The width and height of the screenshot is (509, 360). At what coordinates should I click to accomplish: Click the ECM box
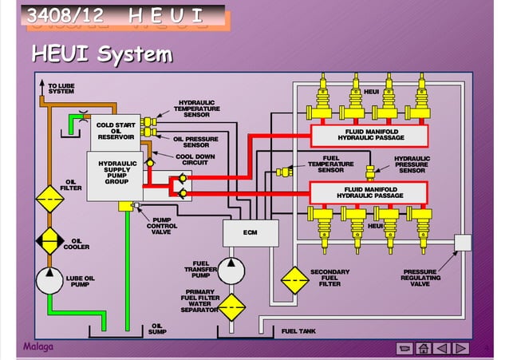pyautogui.click(x=251, y=233)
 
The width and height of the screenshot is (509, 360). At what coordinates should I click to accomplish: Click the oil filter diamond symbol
pyautogui.click(x=49, y=197)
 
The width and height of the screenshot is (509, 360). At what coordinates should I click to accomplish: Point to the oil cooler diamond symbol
pyautogui.click(x=49, y=240)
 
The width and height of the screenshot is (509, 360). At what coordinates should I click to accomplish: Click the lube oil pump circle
pyautogui.click(x=49, y=281)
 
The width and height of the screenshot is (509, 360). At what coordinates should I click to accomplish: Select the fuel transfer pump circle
pyautogui.click(x=232, y=270)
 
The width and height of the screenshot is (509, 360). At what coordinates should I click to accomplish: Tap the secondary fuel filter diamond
pyautogui.click(x=295, y=279)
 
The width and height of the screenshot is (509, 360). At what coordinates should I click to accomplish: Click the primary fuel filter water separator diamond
pyautogui.click(x=232, y=307)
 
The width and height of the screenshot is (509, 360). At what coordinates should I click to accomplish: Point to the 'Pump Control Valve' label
pyautogui.click(x=162, y=226)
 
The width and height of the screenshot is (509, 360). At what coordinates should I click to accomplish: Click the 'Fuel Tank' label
pyautogui.click(x=299, y=330)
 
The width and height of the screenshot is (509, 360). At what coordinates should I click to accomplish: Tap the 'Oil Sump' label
pyautogui.click(x=156, y=329)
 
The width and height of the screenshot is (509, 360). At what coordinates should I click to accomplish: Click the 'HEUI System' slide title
pyautogui.click(x=102, y=54)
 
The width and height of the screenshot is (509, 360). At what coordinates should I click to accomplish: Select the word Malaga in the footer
pyautogui.click(x=36, y=347)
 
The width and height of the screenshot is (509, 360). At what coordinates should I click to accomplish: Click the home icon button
pyautogui.click(x=424, y=348)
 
